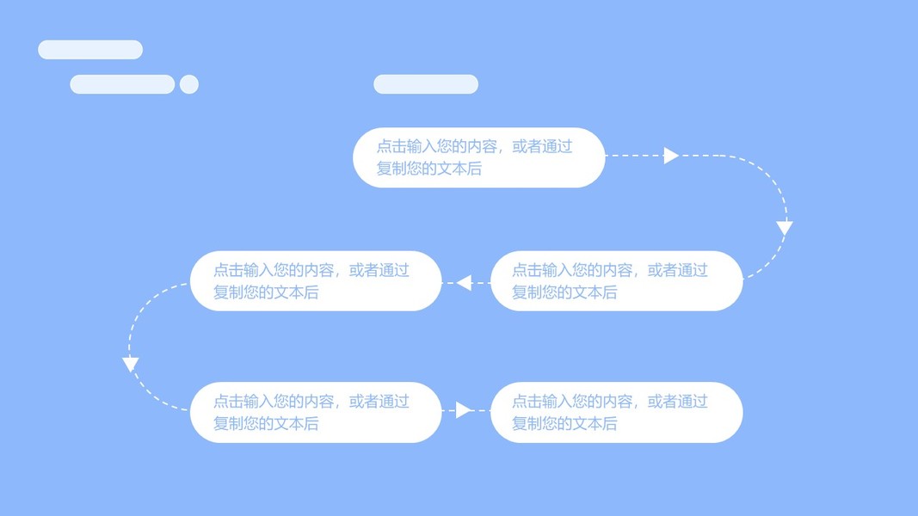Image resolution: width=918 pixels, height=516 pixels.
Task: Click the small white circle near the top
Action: [189, 84]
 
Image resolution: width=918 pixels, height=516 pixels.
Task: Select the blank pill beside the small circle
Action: [122, 84]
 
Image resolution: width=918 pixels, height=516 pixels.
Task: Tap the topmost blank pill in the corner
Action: [90, 50]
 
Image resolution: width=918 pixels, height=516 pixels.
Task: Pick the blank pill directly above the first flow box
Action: [426, 84]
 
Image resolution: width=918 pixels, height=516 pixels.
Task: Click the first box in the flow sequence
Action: [479, 157]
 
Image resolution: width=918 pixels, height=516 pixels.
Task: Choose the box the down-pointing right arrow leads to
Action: [617, 281]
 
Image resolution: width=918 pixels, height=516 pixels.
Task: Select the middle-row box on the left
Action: [316, 281]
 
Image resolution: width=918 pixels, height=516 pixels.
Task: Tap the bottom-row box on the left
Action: [316, 413]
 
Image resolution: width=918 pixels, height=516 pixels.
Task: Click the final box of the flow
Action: [617, 413]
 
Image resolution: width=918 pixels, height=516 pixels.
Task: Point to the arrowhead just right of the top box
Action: [671, 156]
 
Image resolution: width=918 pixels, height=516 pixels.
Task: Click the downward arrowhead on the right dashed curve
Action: [785, 228]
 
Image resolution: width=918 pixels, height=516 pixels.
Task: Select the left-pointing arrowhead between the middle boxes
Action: [465, 283]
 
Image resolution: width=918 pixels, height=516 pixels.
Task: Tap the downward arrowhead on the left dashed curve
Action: [130, 365]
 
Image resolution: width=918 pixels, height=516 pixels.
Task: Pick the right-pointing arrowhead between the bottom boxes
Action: [464, 410]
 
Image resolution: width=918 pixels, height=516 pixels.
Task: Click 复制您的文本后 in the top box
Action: [429, 169]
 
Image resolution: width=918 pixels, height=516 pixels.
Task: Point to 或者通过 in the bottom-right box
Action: [677, 402]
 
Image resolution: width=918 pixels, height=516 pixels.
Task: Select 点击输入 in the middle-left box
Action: [243, 270]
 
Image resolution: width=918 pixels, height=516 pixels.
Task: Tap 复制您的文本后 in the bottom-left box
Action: [266, 424]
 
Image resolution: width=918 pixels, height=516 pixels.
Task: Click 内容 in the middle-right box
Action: [618, 270]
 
